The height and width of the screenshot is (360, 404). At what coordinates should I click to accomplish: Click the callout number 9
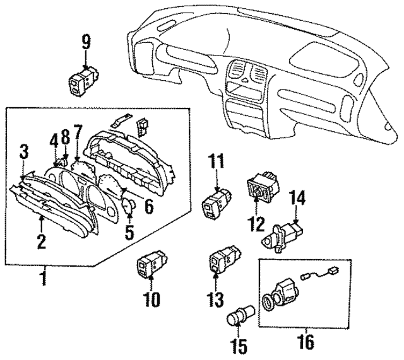pyautogui.click(x=86, y=43)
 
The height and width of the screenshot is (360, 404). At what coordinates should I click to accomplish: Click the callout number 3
pyautogui.click(x=24, y=151)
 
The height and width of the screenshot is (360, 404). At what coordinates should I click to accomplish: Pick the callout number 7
pyautogui.click(x=78, y=133)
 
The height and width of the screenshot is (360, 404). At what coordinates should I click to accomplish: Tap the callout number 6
pyautogui.click(x=149, y=205)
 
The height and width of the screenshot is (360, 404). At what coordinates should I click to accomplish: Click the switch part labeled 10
pyautogui.click(x=150, y=265)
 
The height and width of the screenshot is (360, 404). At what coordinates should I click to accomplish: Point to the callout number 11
pyautogui.click(x=217, y=161)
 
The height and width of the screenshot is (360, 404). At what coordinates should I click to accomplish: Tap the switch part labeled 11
pyautogui.click(x=215, y=203)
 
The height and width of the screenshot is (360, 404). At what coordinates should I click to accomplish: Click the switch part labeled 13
pyautogui.click(x=222, y=260)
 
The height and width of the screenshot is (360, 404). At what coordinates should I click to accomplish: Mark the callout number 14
pyautogui.click(x=297, y=200)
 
